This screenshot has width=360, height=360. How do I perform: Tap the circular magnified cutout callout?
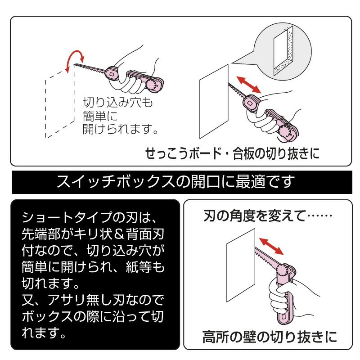coord(283,51)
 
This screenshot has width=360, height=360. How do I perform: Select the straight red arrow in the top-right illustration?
coord(249,85)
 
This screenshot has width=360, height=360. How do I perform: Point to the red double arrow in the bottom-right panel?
coord(271,246)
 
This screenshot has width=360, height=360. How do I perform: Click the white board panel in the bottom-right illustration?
coord(241,265)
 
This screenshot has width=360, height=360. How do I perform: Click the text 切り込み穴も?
coord(118,103)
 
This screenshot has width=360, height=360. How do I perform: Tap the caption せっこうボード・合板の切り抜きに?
coord(232,153)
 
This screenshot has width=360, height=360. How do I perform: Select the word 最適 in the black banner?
coord(252,181)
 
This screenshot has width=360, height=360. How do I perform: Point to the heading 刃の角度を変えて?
coord(254,216)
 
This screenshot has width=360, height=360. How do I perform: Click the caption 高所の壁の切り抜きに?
coord(270,337)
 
